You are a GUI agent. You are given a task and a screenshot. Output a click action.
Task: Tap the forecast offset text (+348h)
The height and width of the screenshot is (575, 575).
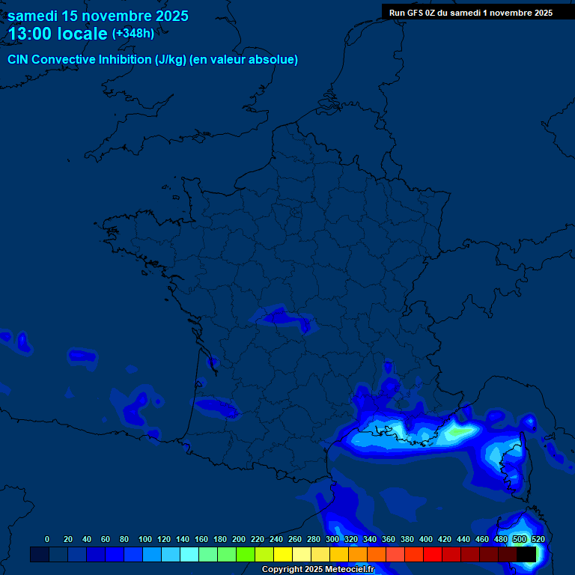[x=133, y=33]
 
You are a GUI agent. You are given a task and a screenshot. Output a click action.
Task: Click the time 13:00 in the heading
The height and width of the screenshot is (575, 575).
[x=30, y=34]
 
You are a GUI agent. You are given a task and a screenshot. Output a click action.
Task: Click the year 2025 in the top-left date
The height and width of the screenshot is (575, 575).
[x=168, y=16]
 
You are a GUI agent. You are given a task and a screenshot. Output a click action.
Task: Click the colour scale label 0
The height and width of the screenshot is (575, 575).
[x=47, y=539]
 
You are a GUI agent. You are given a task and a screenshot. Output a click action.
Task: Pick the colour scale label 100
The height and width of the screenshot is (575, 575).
[x=144, y=539]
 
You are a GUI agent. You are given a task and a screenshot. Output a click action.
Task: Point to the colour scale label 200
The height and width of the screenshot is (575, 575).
[x=239, y=539]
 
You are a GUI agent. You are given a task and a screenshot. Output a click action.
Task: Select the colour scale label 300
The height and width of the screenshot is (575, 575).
[x=332, y=539]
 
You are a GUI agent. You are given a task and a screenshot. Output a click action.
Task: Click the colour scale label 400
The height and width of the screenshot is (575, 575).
[x=426, y=539]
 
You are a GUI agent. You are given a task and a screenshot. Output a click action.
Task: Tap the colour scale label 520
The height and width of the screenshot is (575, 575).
[x=538, y=539]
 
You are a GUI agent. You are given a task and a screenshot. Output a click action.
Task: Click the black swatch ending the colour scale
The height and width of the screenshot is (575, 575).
[x=526, y=554]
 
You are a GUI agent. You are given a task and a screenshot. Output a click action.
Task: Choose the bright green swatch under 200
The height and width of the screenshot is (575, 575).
[x=246, y=554]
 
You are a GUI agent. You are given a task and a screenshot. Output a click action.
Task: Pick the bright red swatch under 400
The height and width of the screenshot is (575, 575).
[x=433, y=554]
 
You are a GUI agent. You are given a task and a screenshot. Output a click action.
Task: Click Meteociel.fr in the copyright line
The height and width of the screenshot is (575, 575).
[x=350, y=570]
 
